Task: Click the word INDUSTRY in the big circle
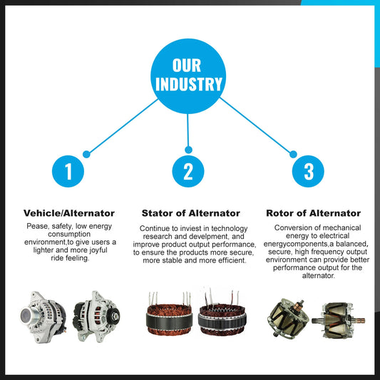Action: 188,84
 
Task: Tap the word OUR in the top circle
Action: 187,66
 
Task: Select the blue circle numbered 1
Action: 68,171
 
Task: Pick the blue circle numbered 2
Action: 188,171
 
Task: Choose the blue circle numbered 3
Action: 308,171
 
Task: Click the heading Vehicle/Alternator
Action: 69,213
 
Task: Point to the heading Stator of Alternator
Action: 191,213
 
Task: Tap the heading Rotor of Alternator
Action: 314,213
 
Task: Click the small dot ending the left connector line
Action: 86,154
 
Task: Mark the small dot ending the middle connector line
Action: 188,150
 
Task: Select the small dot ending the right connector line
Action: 293,154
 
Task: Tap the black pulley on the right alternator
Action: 114,315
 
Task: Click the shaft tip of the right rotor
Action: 362,320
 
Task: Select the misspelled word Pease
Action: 37,226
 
